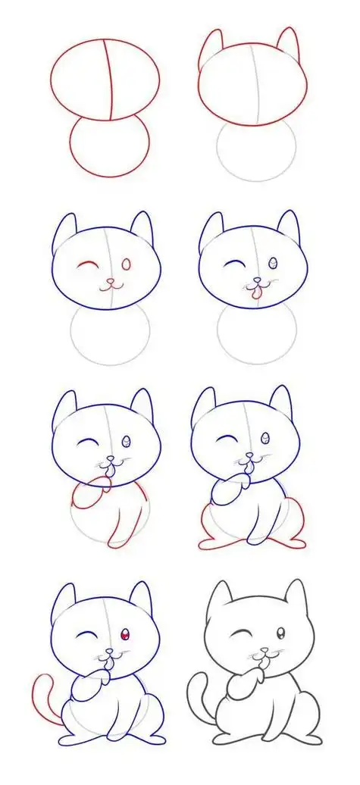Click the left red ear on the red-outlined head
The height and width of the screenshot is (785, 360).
(x=211, y=47)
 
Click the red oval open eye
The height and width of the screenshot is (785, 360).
(x=126, y=264)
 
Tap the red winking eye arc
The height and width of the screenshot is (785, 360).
(x=89, y=265)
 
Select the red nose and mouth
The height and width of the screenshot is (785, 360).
(x=111, y=284)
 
